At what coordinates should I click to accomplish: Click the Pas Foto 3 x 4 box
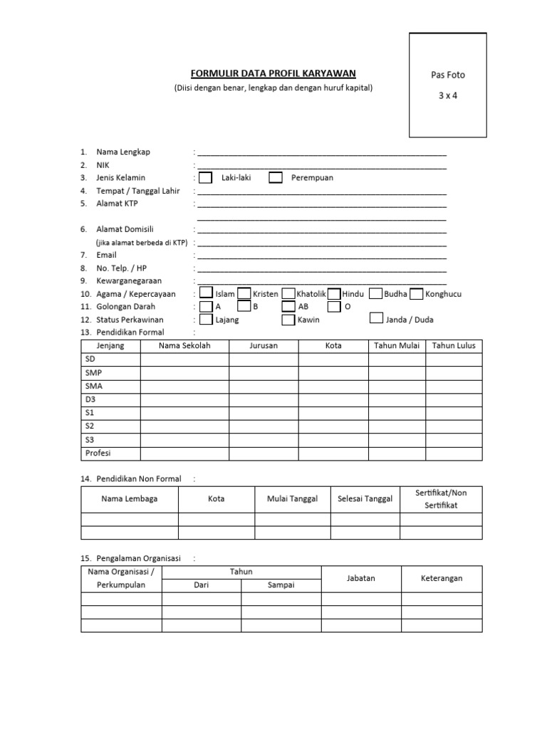(x=447, y=85)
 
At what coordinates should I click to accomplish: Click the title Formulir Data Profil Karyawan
(x=273, y=73)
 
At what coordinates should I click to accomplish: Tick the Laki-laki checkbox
(x=205, y=178)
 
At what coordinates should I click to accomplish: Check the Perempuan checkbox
(x=276, y=178)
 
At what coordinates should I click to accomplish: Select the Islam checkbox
(x=206, y=293)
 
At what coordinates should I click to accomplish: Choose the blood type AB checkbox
(x=288, y=307)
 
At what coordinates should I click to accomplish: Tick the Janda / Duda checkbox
(x=377, y=319)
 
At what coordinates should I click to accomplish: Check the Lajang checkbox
(x=206, y=320)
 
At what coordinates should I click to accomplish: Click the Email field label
(x=107, y=255)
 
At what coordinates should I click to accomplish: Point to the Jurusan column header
(x=264, y=346)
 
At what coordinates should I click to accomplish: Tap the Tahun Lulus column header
(x=454, y=346)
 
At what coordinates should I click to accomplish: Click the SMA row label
(x=93, y=386)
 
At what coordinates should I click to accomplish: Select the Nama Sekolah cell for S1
(x=184, y=413)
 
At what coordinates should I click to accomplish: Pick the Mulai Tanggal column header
(x=292, y=499)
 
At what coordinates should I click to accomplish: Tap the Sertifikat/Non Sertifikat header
(x=440, y=499)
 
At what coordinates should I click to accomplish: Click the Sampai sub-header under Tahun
(x=281, y=585)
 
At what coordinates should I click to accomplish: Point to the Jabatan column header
(x=360, y=579)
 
